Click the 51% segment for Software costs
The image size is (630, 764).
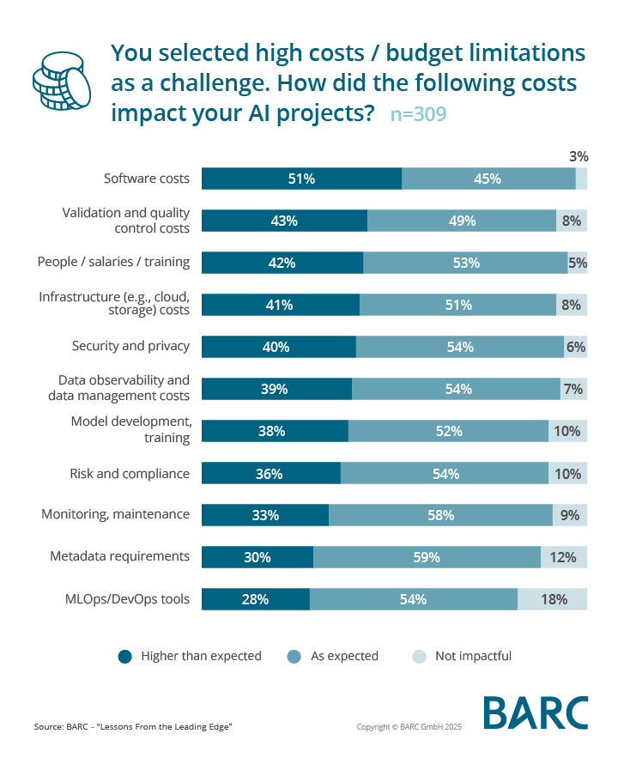[301, 179]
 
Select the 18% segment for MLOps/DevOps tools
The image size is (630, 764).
[553, 599]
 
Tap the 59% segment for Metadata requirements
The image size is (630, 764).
[427, 557]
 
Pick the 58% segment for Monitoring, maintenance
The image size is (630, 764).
[440, 515]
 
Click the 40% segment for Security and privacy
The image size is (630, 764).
[278, 347]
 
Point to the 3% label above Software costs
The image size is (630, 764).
[579, 156]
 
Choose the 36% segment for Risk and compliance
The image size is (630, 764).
[271, 473]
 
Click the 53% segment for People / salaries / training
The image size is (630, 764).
[465, 263]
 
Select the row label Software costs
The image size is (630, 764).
[146, 179]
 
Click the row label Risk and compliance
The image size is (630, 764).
[129, 472]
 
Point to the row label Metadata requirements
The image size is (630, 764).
[119, 556]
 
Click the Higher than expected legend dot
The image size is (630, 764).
[125, 657]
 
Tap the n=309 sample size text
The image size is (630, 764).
[418, 113]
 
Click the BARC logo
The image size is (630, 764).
[536, 713]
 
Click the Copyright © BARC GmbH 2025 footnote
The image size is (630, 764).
[409, 727]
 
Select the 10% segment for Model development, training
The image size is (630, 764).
[567, 431]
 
